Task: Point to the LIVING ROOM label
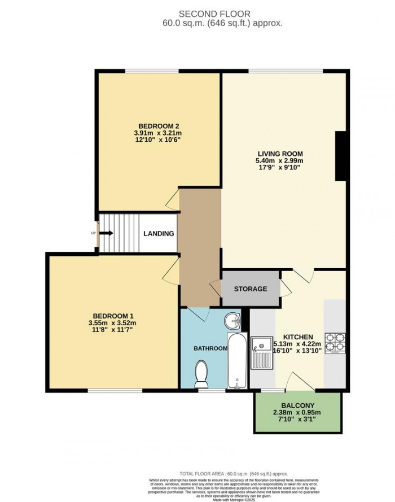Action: point(280,154)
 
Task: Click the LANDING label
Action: point(159,233)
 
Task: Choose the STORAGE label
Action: point(251,289)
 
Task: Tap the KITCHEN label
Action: point(298,337)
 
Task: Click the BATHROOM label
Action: point(210,348)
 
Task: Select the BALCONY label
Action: point(297,405)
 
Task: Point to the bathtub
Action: point(236,361)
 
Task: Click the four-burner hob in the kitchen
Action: point(335,342)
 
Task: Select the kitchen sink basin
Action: point(261,343)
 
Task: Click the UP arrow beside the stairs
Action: point(106,233)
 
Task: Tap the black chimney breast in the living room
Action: point(341,156)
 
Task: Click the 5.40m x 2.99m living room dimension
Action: point(280,161)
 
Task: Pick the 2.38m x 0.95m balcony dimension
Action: point(297,413)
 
